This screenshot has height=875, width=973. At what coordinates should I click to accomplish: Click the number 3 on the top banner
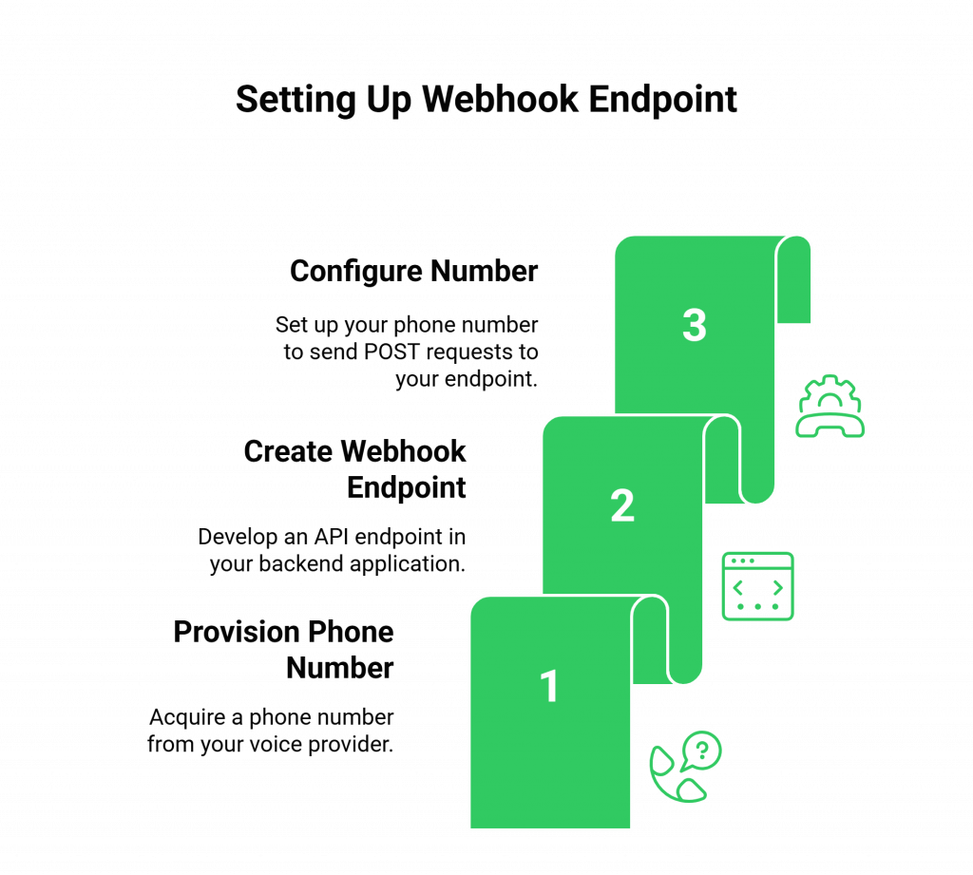click(695, 326)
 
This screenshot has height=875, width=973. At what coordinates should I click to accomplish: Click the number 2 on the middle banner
click(622, 506)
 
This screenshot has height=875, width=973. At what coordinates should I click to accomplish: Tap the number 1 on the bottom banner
click(549, 687)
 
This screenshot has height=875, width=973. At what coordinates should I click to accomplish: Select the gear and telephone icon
click(830, 407)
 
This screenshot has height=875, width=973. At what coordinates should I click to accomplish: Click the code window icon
click(757, 586)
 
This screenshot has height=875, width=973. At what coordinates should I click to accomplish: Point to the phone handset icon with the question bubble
click(684, 768)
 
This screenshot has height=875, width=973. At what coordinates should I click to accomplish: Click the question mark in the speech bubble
click(703, 750)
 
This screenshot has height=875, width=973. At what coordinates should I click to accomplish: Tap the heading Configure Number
click(414, 272)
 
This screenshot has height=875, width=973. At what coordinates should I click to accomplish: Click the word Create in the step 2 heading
click(289, 451)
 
